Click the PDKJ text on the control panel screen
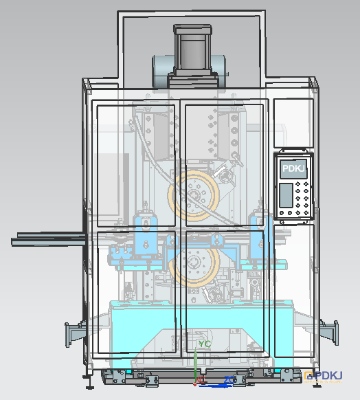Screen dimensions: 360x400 point(293,168)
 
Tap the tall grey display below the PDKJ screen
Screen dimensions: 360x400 point(286,195)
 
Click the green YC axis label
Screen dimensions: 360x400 point(205,344)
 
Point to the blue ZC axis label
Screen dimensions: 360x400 point(229,380)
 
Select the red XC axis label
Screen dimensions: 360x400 point(201,380)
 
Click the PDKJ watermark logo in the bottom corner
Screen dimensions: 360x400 point(324,377)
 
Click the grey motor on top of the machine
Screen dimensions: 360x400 point(192,50)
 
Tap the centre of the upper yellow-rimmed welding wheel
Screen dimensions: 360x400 point(194,196)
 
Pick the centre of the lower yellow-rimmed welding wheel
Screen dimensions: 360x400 point(194,262)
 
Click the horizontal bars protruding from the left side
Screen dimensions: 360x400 point(49,239)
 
